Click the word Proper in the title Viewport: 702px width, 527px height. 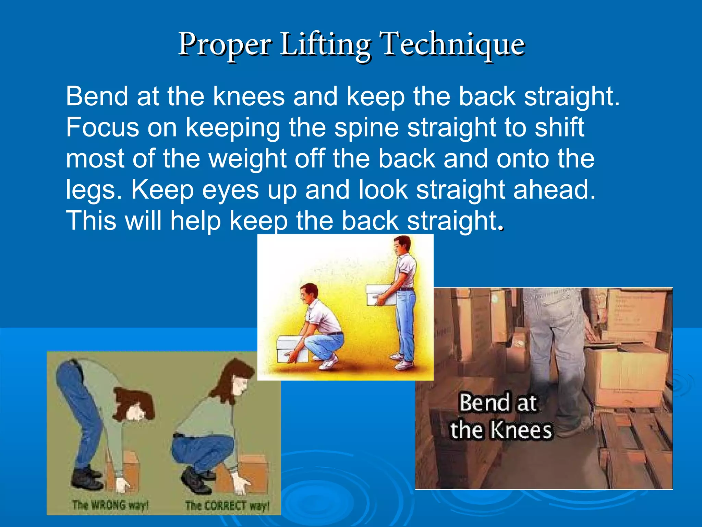pos(225,45)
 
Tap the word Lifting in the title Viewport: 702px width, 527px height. pos(325,45)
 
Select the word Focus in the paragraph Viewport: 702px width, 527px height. pos(102,127)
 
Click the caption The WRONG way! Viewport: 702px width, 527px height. pos(110,505)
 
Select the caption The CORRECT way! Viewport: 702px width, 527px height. pos(227,505)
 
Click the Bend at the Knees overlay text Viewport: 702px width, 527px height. pos(500,416)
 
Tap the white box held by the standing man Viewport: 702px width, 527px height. pos(380,294)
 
